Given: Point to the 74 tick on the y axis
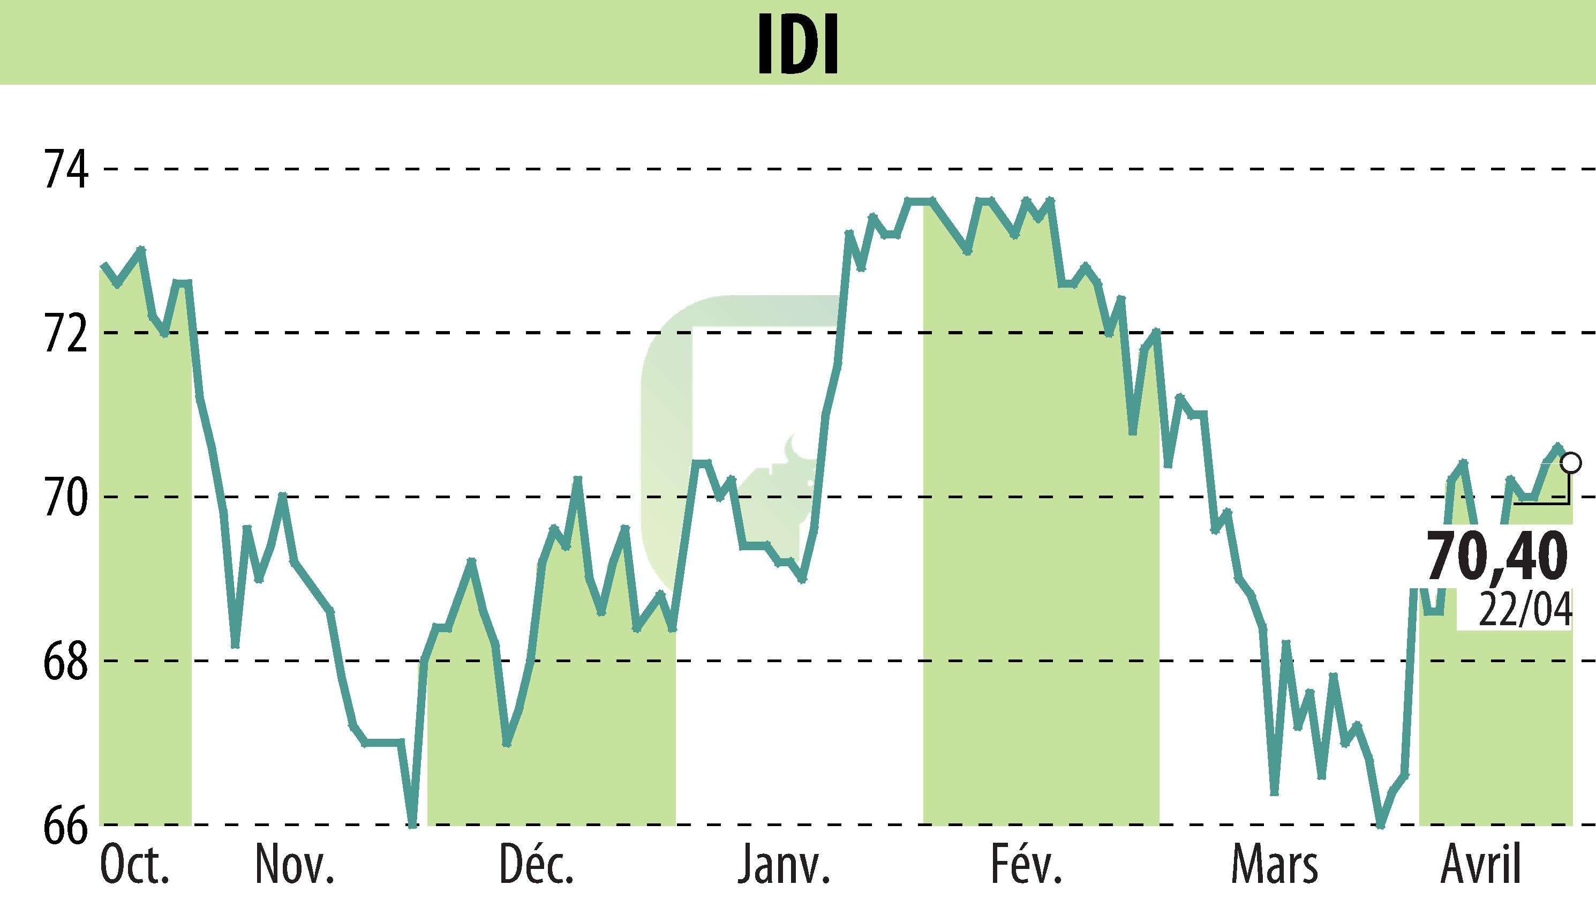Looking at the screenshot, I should click(x=64, y=168).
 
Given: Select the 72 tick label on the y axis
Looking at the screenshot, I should click(x=64, y=333).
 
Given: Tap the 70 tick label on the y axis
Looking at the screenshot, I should click(x=64, y=497).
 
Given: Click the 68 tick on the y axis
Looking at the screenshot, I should click(x=64, y=661).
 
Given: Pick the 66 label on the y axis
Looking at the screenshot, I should click(x=64, y=825).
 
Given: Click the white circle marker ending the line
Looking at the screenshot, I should click(x=1572, y=463).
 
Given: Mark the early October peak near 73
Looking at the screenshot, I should click(x=141, y=249).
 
